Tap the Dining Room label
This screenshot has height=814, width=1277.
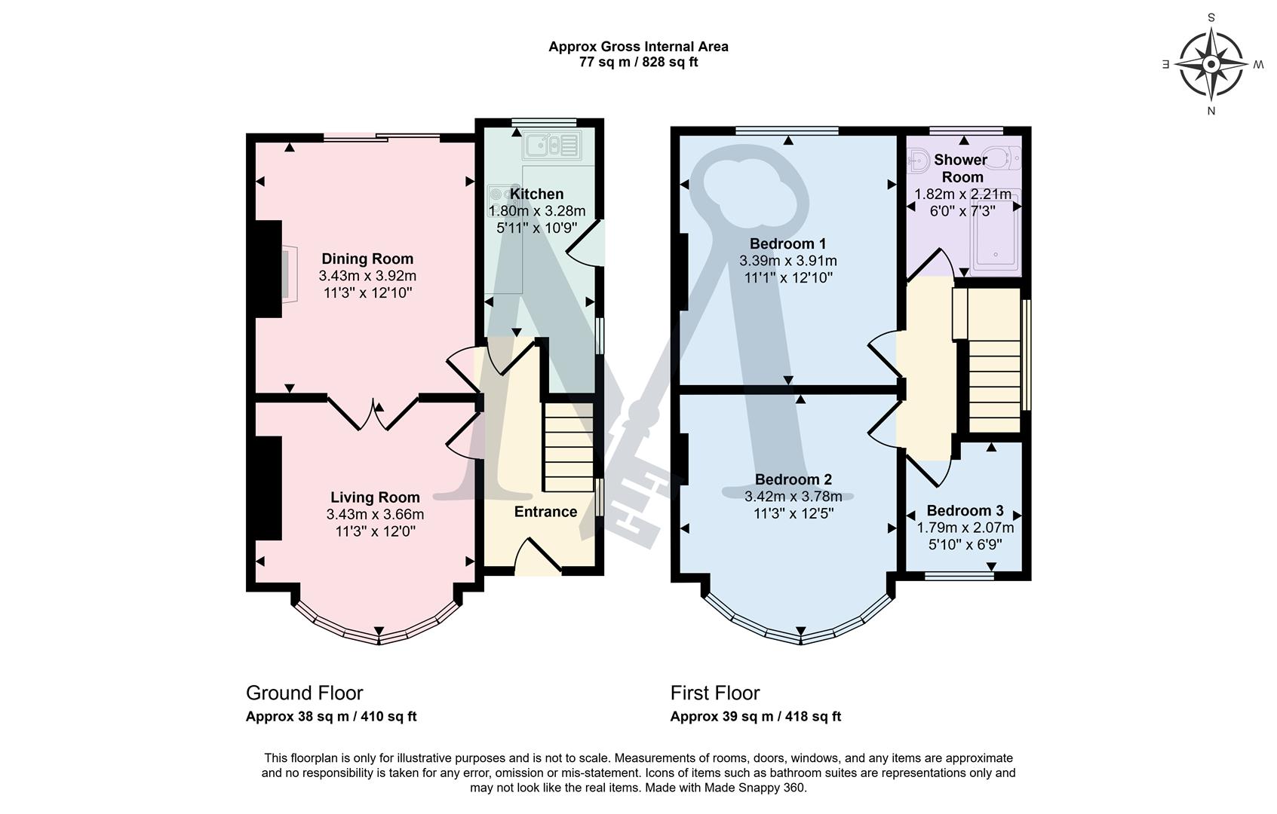tap(367, 259)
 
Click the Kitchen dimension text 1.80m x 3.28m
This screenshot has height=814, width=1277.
tap(537, 211)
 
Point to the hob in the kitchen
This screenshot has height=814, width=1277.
tap(499, 200)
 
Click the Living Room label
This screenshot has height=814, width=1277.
tap(375, 497)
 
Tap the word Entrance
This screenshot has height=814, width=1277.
tap(545, 512)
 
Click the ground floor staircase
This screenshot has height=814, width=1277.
tap(568, 448)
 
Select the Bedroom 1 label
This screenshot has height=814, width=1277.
tap(787, 243)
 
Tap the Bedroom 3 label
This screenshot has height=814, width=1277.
tap(965, 510)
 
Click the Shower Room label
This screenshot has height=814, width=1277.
tap(960, 168)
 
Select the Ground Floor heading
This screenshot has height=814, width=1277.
tap(304, 693)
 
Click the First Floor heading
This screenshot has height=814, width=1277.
tap(714, 693)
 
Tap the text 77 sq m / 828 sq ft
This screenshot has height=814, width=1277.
tap(638, 62)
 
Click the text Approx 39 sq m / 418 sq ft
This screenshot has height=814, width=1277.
tap(755, 717)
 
